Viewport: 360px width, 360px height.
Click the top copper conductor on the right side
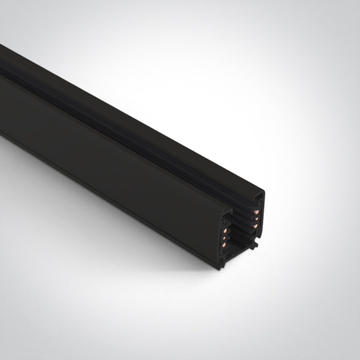[x=256, y=212]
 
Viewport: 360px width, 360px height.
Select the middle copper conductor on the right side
[x=256, y=219]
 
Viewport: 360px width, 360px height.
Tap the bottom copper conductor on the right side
[x=255, y=226]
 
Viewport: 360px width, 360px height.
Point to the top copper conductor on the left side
[x=225, y=230]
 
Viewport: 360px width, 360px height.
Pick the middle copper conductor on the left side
[x=224, y=238]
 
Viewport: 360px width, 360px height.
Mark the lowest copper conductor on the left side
[x=224, y=245]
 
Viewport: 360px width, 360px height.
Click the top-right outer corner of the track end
[x=263, y=192]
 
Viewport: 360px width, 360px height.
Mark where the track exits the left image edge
[x=2, y=93]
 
